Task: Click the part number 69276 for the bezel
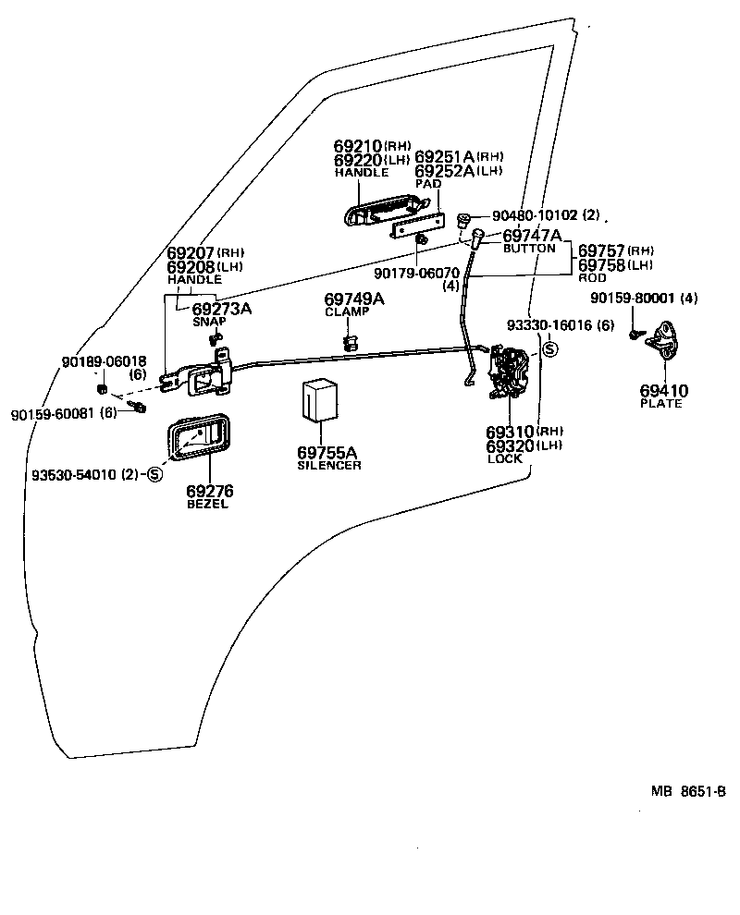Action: [210, 492]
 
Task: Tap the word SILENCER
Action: [329, 465]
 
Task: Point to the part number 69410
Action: [663, 391]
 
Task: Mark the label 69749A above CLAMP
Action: [354, 299]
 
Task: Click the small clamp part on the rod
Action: [350, 343]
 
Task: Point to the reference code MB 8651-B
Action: [688, 791]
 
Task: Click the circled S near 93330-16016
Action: [549, 348]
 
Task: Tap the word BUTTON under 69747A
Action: [529, 249]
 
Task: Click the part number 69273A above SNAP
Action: [221, 309]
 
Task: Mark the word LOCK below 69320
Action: [504, 458]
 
